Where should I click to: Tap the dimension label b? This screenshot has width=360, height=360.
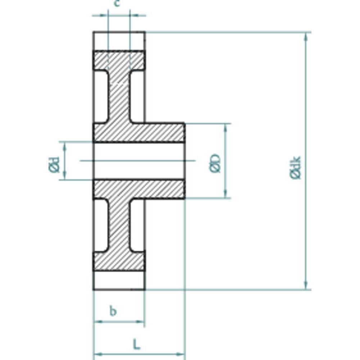[113, 311]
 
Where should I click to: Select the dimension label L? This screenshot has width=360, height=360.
[136, 345]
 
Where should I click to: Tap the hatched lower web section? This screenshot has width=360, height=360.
[119, 227]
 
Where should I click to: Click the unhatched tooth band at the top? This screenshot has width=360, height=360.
[119, 41]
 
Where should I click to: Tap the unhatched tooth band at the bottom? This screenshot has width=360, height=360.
[119, 280]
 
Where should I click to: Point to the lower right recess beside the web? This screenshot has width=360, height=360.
[137, 225]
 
